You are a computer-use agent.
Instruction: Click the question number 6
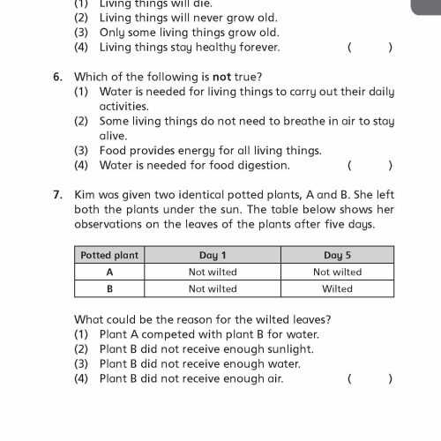point(56,76)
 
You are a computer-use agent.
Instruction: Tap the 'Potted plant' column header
point(109,256)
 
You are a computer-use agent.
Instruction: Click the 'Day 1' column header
point(213,256)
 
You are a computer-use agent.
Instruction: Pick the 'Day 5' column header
point(337,256)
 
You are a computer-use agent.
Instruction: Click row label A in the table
point(109,272)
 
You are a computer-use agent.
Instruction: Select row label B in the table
point(109,288)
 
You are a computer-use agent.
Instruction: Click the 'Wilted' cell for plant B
point(337,288)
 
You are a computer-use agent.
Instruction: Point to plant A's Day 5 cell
point(337,272)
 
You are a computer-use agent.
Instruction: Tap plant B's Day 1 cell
point(213,288)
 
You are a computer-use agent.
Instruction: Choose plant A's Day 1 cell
point(213,272)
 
